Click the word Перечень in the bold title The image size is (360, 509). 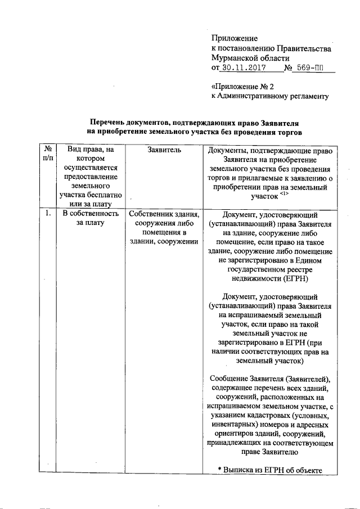(110, 123)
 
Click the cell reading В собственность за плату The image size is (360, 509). (91, 218)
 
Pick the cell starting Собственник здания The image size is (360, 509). (164, 228)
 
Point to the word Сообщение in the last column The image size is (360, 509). (231, 378)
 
